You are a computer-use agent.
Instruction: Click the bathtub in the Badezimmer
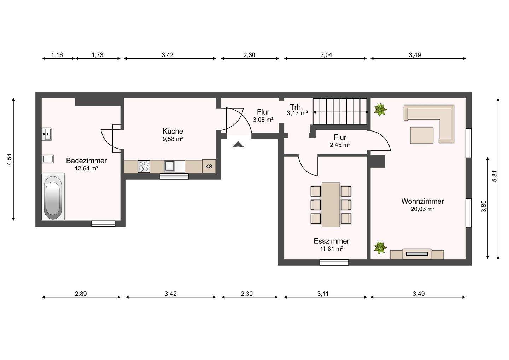53,197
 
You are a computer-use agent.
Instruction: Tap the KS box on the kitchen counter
209,166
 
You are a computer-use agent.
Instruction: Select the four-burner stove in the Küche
144,166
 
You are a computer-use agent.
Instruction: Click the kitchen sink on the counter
169,166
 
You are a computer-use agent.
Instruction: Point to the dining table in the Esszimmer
330,205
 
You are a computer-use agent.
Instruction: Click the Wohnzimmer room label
422,201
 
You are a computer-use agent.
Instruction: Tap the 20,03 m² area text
422,209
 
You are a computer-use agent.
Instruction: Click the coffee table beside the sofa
422,135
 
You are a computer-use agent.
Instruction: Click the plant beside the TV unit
380,248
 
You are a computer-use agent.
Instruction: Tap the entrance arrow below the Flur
238,145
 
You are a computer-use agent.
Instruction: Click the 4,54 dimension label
10,159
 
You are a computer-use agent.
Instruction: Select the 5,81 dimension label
495,176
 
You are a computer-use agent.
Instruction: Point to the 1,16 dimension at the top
57,55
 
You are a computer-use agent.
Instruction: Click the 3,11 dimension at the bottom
323,294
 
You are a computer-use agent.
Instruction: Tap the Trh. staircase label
296,107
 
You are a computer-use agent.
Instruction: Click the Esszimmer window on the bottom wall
334,262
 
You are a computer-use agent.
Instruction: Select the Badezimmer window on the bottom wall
103,223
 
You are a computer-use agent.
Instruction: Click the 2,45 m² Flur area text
340,145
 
